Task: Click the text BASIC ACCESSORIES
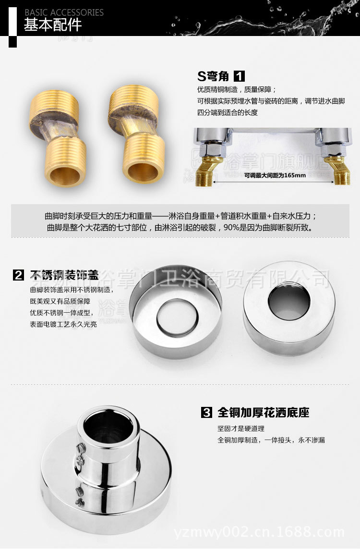tap(64, 12)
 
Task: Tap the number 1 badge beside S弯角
tap(239, 76)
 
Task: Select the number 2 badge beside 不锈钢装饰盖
tap(18, 276)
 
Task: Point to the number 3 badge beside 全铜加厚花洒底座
tap(206, 412)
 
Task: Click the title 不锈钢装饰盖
tap(64, 276)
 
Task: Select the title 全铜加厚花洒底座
tap(264, 412)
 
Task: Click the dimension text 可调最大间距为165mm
tap(275, 175)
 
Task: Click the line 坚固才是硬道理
tap(241, 429)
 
